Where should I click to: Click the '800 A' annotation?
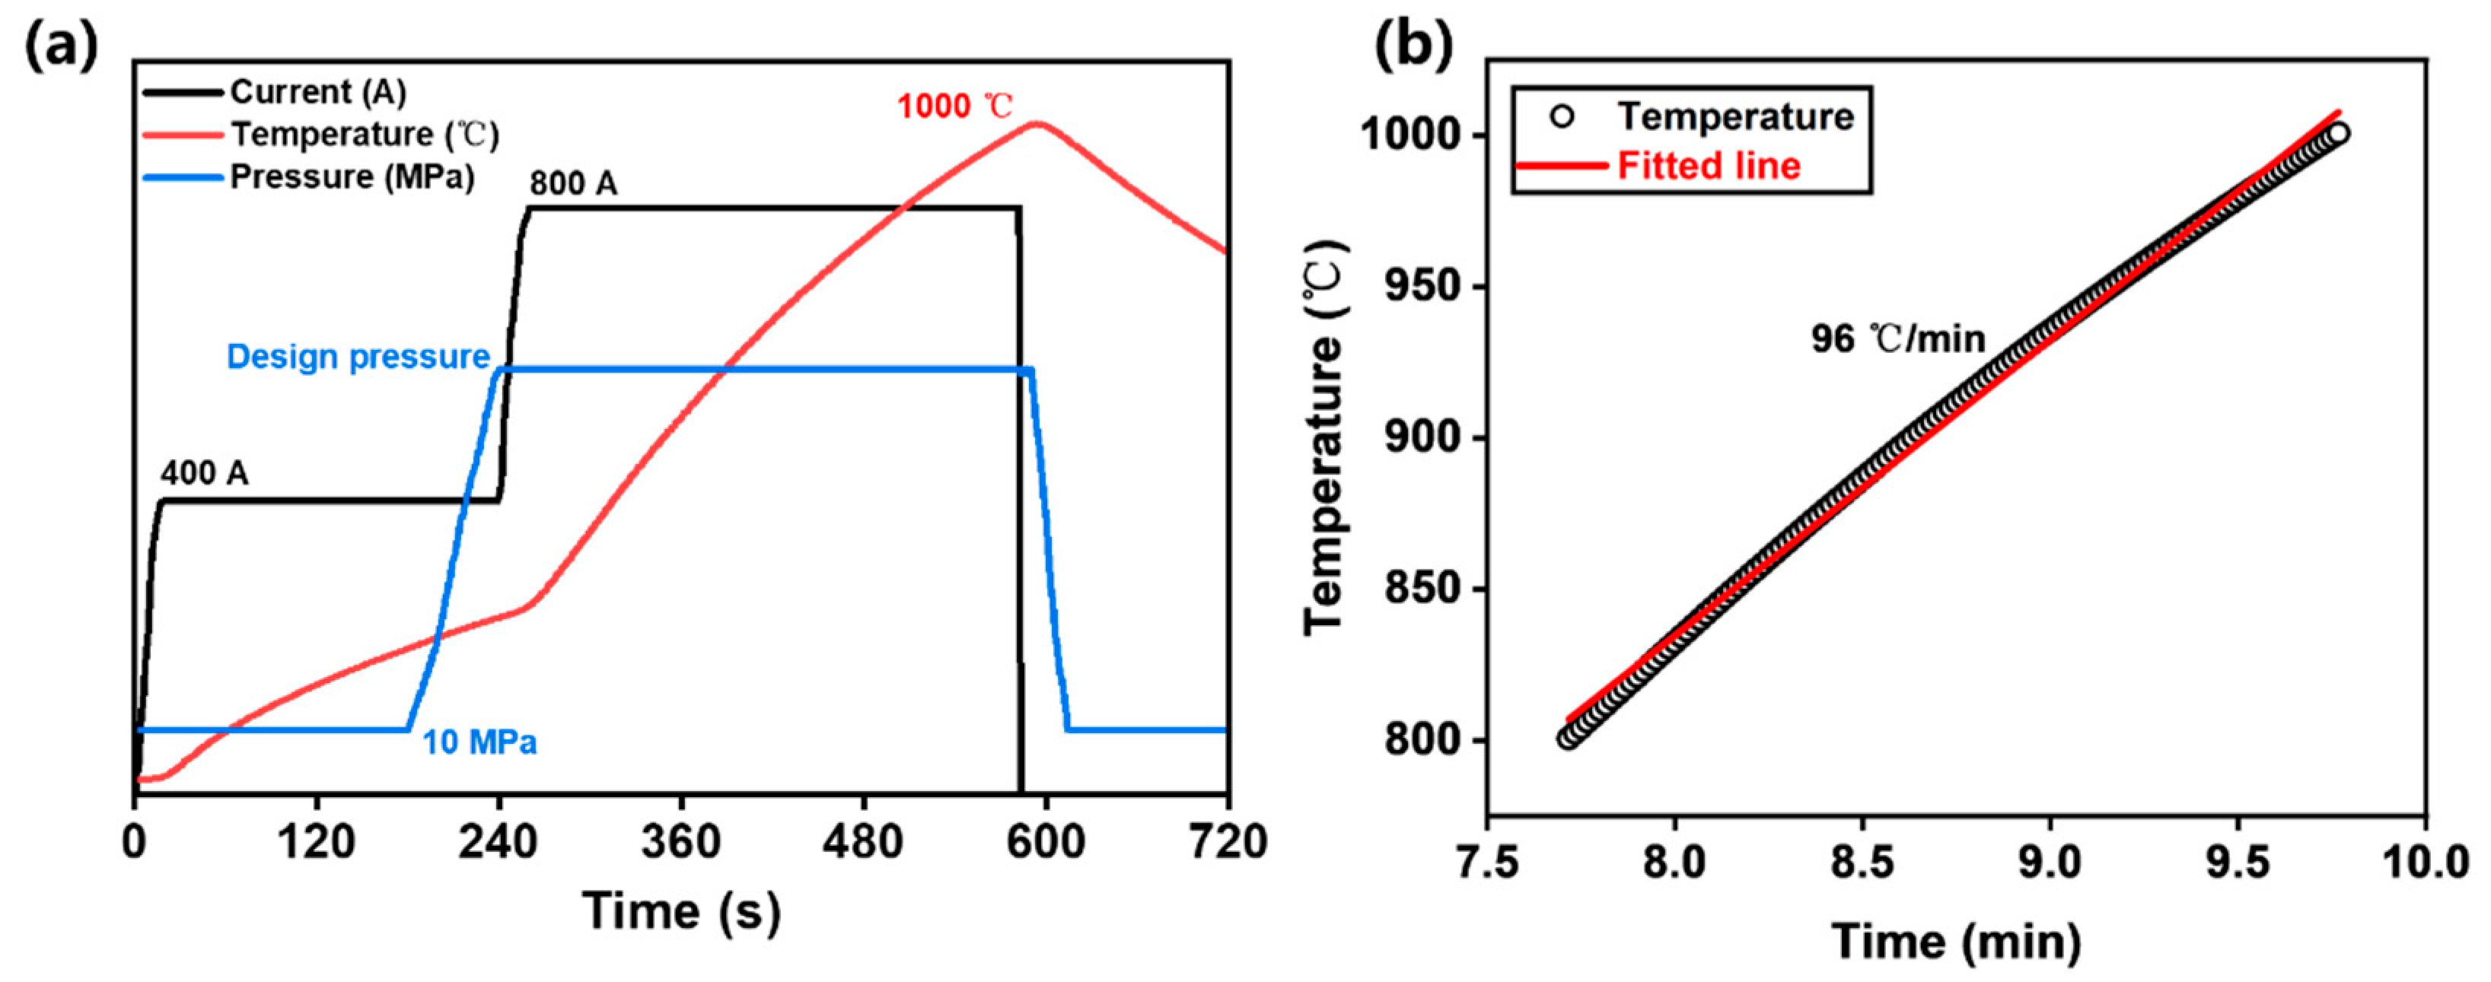[572, 183]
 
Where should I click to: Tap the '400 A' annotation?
[204, 474]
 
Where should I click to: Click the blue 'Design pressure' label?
[358, 357]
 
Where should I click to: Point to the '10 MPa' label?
[479, 742]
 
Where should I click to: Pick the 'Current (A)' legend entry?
[317, 92]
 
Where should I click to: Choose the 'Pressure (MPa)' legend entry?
[352, 177]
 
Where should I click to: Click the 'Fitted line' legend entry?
[1708, 165]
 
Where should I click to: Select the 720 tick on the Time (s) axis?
[1226, 843]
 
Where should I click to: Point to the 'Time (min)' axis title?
[1955, 940]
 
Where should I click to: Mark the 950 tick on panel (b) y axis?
[1422, 287]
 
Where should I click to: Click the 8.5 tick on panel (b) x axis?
[1862, 861]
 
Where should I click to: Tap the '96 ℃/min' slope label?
[1897, 339]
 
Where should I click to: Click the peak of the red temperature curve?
[1037, 122]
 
